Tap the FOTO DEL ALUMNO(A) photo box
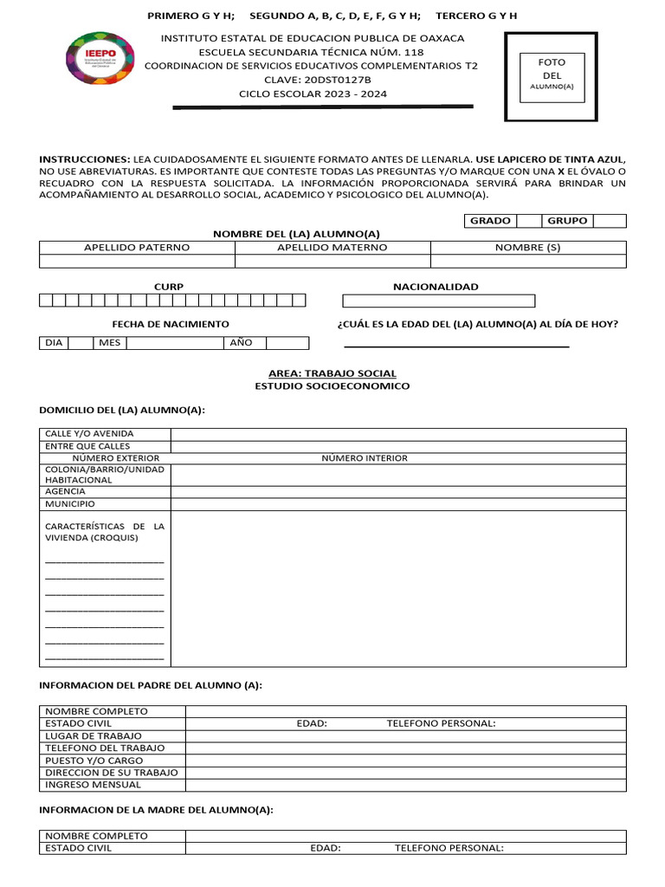(x=552, y=77)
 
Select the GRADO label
(x=490, y=221)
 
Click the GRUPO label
(x=567, y=221)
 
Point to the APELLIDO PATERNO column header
(x=137, y=248)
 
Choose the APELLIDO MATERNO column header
(x=332, y=248)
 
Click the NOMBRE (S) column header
(x=528, y=248)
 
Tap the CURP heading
(x=169, y=287)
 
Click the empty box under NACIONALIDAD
(x=439, y=301)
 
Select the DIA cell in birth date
(x=54, y=343)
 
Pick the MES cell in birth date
(x=109, y=343)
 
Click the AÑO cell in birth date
(x=241, y=343)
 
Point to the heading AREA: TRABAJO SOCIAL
(x=332, y=373)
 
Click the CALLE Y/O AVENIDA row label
(x=90, y=434)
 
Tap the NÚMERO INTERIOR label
(x=365, y=458)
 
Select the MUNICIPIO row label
(x=70, y=504)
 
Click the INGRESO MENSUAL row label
(x=93, y=785)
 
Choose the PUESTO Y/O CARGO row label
(x=94, y=761)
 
